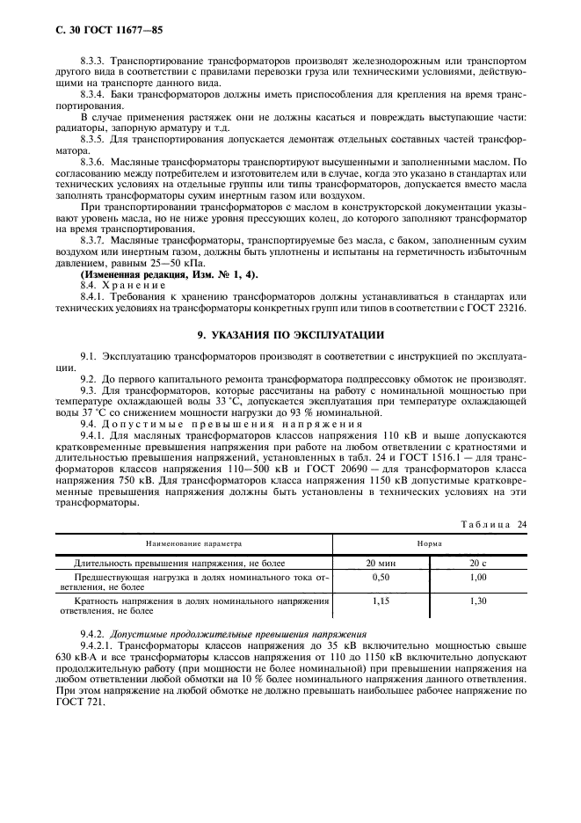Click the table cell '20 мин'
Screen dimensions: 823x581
pos(381,564)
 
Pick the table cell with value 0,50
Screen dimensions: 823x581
pos(381,579)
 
